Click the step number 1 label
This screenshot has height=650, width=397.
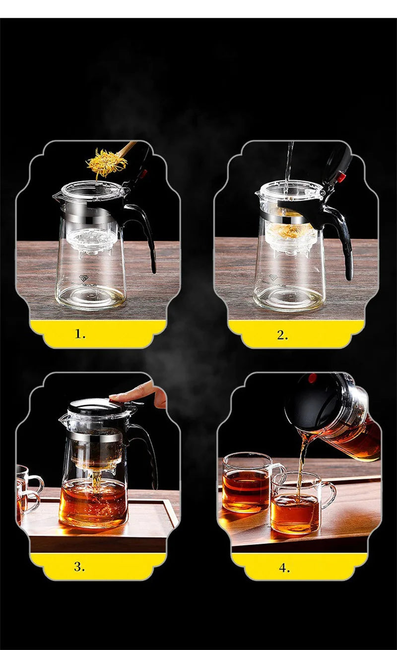pos(80,334)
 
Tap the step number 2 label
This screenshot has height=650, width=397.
pos(282,334)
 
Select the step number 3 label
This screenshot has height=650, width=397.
pos(79,567)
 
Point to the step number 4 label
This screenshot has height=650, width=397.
pos(283,568)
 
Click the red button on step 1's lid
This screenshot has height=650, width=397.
pos(145,173)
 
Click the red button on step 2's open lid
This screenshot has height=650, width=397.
pos(341,177)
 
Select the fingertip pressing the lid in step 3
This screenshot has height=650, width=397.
pos(115,397)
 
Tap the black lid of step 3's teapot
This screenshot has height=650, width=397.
pos(94,407)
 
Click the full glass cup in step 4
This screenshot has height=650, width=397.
pos(245,483)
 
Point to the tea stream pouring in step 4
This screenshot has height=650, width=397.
pos(301,461)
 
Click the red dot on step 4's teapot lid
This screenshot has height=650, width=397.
pos(312,379)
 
